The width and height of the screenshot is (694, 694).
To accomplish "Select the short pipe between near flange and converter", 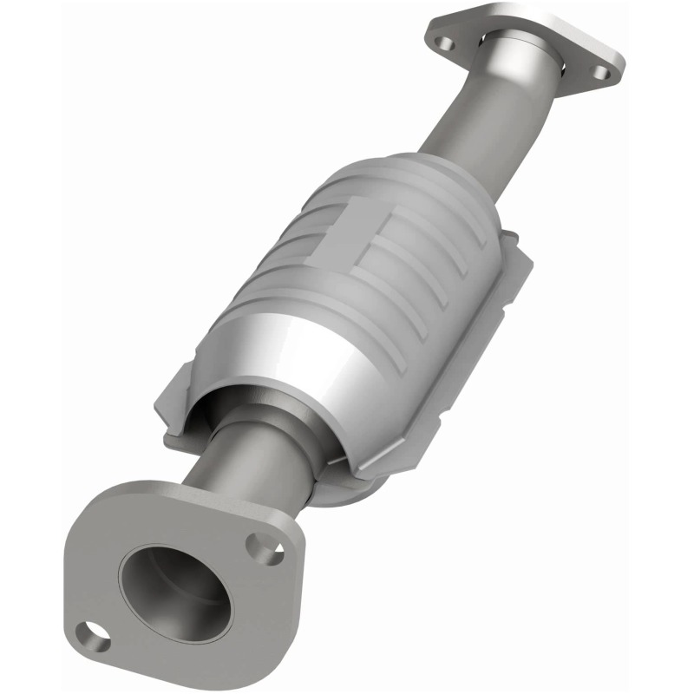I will coord(260,468).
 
